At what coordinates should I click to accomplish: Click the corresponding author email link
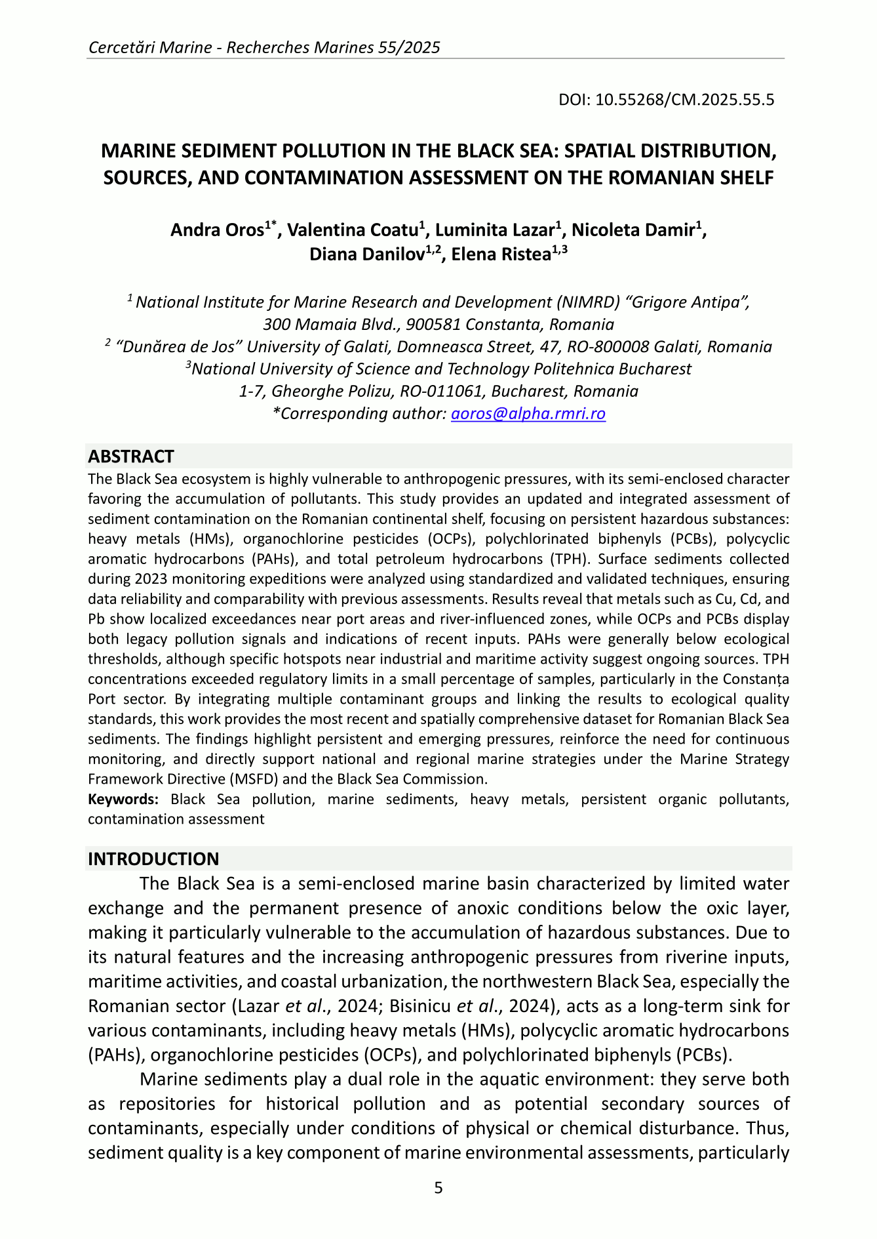point(528,414)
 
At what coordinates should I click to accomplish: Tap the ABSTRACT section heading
point(131,457)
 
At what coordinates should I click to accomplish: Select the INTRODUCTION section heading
point(153,859)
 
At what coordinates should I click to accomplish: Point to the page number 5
point(438,1188)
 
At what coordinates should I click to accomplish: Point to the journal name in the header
point(263,47)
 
